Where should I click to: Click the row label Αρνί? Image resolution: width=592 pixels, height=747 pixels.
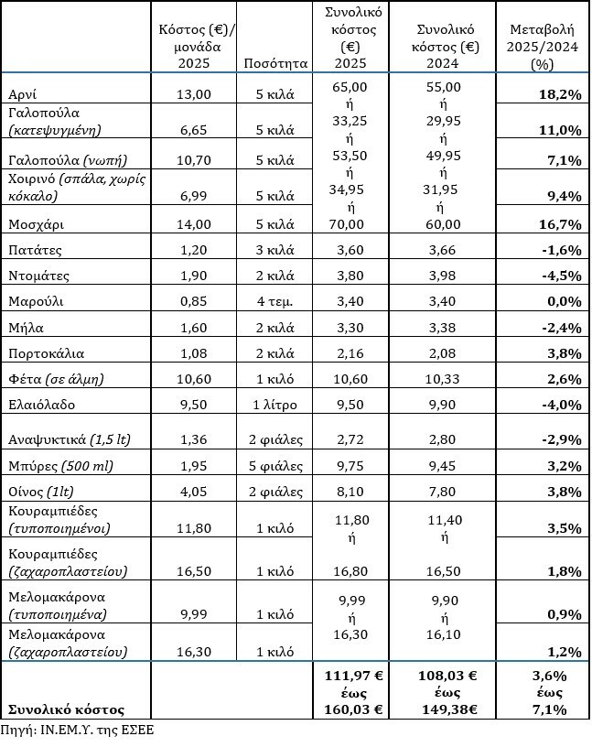tap(23, 93)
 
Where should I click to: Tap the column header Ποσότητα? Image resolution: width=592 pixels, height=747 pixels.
tap(276, 62)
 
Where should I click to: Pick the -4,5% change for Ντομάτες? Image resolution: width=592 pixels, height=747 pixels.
tap(562, 276)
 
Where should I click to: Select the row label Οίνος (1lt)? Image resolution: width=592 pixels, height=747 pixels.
tap(40, 493)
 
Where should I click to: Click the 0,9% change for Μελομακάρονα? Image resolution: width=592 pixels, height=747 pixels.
tap(565, 612)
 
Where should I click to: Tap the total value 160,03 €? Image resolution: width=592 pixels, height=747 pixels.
tap(352, 709)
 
